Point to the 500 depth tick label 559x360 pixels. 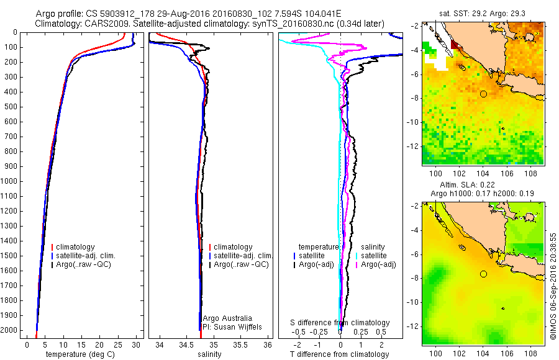pyautogui.click(x=11, y=107)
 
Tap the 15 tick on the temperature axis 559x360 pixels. pyautogui.click(x=81, y=345)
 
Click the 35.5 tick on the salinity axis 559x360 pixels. pyautogui.click(x=240, y=345)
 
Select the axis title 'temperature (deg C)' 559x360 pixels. pyautogui.click(x=80, y=354)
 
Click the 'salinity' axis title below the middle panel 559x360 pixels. pyautogui.click(x=209, y=354)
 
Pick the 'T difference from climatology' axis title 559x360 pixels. pyautogui.click(x=339, y=354)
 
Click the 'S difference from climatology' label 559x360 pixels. pyautogui.click(x=340, y=323)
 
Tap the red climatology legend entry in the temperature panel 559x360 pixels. pyautogui.click(x=73, y=247)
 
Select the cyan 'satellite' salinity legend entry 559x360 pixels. pyautogui.click(x=371, y=256)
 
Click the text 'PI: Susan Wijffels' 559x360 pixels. pyautogui.click(x=232, y=327)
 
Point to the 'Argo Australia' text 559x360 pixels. pyautogui.click(x=227, y=318)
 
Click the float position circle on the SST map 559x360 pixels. pyautogui.click(x=483, y=94)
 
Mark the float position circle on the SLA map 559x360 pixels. pyautogui.click(x=483, y=274)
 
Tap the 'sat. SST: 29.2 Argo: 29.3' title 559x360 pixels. pyautogui.click(x=483, y=14)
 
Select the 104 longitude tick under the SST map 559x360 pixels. pyautogui.click(x=483, y=174)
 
